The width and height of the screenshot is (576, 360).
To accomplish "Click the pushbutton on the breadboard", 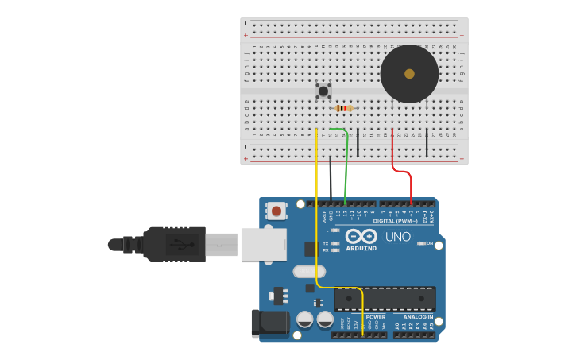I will [323, 91].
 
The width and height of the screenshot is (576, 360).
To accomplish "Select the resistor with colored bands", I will [343, 108].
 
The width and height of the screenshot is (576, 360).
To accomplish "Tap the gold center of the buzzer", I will [409, 74].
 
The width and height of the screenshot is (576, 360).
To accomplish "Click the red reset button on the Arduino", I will [276, 211].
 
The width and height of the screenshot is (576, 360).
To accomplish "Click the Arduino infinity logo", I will [361, 237].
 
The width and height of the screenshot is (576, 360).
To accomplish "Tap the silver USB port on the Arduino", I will [263, 244].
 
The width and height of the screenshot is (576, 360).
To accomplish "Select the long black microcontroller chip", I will [385, 299].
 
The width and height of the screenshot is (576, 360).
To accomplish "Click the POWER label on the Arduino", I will [376, 317].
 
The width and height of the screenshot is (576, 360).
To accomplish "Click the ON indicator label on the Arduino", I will [429, 243].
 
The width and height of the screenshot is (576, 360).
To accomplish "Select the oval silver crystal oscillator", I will [308, 271].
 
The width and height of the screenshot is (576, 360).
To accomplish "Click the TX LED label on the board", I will [326, 243].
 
